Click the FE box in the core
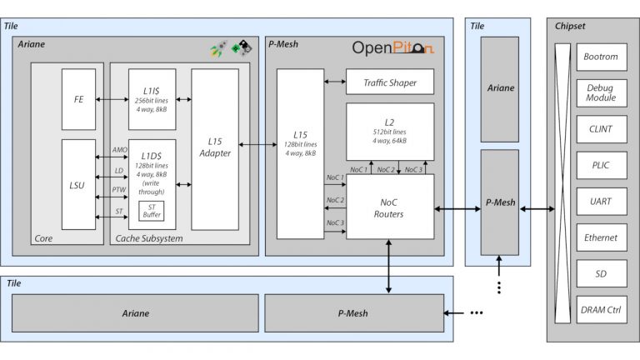[x=79, y=99]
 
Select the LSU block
[x=79, y=184]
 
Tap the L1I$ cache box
[x=152, y=99]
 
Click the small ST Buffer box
[x=152, y=211]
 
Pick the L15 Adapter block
[x=215, y=149]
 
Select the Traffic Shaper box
[x=390, y=82]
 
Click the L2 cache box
[x=390, y=131]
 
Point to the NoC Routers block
[x=390, y=207]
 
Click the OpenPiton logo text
[x=392, y=48]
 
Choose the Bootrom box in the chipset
[x=601, y=57]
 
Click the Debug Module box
[x=601, y=92]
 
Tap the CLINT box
[x=601, y=129]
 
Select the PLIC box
[x=601, y=165]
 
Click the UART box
[x=601, y=201]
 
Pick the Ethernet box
[x=601, y=237]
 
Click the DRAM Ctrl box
[x=601, y=310]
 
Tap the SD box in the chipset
[x=601, y=273]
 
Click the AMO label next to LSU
[x=118, y=149]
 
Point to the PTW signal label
[x=118, y=191]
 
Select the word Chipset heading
[x=570, y=27]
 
